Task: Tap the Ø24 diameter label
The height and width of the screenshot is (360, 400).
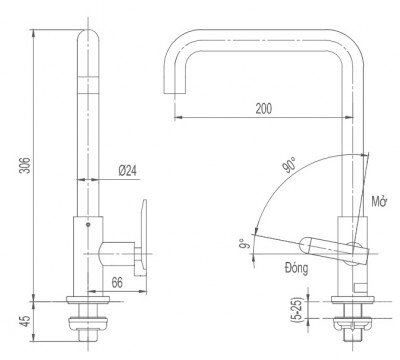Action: [x=127, y=171]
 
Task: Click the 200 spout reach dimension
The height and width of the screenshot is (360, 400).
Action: [x=263, y=107]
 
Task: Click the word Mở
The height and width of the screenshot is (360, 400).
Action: [x=378, y=202]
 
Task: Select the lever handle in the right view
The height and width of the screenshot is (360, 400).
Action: [x=325, y=244]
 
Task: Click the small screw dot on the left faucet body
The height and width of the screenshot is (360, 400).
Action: [x=90, y=226]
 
